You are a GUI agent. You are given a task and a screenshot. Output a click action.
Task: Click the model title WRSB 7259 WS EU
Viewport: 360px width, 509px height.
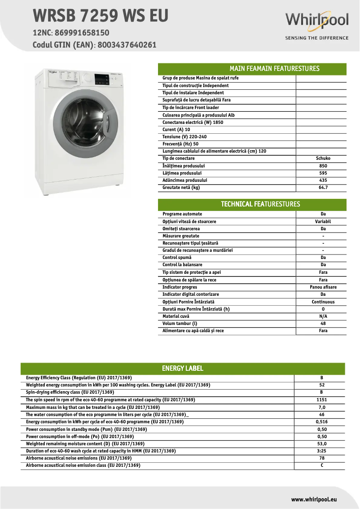[x=101, y=16]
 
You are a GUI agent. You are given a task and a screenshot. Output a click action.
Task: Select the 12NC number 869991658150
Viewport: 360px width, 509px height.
[x=80, y=33]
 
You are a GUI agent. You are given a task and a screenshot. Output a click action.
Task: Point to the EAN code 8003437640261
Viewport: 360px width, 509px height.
[x=126, y=45]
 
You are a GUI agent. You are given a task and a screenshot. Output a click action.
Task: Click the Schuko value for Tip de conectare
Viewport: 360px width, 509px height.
[x=323, y=158]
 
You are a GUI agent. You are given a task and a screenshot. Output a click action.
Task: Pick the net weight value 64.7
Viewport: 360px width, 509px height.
[x=323, y=188]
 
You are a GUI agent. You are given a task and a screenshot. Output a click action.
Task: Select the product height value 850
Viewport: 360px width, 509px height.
[x=323, y=166]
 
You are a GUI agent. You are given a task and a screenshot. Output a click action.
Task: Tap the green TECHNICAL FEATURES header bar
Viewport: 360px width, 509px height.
[x=252, y=204]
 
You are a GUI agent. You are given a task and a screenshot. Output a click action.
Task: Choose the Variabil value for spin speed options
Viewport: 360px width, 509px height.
[x=323, y=221]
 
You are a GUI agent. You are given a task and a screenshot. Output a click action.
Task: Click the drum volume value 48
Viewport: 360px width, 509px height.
[x=323, y=323]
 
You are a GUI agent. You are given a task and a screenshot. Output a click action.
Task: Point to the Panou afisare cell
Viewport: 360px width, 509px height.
[x=323, y=287]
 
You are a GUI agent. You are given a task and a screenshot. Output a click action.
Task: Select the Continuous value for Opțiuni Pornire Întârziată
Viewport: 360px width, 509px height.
[x=323, y=302]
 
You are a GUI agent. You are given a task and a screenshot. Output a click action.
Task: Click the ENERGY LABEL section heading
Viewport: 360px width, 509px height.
[x=183, y=369]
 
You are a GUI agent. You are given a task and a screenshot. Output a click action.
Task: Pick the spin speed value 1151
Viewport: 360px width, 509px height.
[x=321, y=400]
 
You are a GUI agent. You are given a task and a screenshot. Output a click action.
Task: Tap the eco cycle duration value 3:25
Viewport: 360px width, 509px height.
[x=321, y=451]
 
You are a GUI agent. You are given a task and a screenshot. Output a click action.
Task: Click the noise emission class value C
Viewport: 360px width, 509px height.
[x=321, y=465]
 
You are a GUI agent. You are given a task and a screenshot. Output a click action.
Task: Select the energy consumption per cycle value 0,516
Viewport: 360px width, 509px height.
[x=321, y=422]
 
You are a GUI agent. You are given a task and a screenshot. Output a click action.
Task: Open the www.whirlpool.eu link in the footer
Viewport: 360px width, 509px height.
[x=314, y=499]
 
